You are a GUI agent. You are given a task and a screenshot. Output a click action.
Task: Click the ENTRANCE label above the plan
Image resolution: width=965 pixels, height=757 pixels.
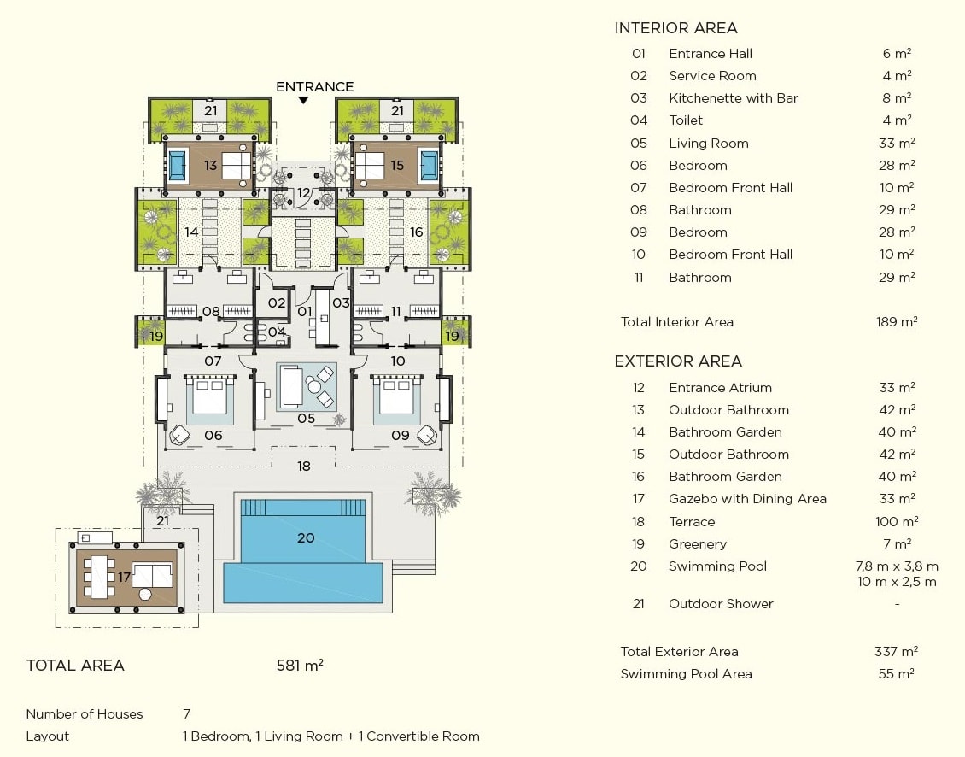click(x=314, y=86)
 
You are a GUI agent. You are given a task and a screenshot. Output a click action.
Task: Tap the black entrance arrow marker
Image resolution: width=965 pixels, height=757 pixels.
click(x=303, y=101)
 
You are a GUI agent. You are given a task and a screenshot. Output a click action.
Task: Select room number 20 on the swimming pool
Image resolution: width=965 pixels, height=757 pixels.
click(x=306, y=537)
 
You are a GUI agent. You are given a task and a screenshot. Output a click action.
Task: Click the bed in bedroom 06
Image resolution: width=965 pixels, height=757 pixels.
click(x=210, y=397)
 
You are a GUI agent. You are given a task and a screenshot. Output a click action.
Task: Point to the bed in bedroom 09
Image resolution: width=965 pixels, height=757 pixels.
click(x=395, y=397)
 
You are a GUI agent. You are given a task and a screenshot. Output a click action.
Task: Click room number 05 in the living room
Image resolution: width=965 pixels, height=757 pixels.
click(x=306, y=419)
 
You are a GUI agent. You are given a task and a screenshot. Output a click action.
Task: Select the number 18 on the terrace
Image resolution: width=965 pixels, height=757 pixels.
click(x=303, y=467)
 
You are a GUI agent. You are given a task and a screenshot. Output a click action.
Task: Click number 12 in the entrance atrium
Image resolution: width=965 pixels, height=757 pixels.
click(x=303, y=193)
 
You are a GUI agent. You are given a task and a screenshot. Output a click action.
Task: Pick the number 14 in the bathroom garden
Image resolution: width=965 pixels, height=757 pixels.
click(x=191, y=232)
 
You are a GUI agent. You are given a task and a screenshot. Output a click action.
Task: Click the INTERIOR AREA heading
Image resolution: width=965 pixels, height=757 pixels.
click(x=675, y=29)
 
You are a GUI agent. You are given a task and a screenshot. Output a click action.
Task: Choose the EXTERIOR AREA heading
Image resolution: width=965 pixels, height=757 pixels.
click(x=678, y=361)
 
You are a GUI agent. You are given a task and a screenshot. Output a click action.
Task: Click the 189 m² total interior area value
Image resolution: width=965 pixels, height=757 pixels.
click(x=897, y=322)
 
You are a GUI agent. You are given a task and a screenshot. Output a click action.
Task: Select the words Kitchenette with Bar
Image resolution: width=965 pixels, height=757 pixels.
click(x=733, y=98)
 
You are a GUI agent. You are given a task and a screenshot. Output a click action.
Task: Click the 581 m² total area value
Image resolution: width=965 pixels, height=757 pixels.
click(x=300, y=666)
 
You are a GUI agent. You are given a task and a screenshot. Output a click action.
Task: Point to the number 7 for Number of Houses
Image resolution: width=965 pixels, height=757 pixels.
click(x=186, y=714)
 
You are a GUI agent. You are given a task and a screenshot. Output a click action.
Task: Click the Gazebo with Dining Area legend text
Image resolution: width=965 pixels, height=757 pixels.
click(x=747, y=499)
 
